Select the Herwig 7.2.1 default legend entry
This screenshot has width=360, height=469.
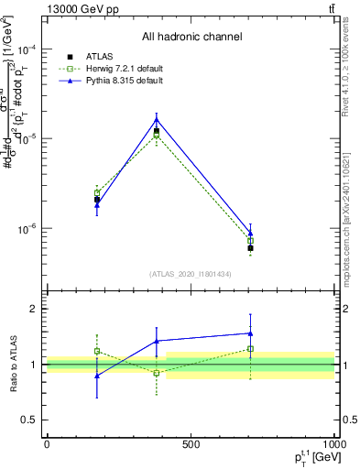[115, 69]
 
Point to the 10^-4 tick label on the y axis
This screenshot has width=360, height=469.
[29, 49]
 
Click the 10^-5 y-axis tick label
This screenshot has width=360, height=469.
[29, 138]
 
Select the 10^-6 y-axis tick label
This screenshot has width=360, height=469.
[29, 228]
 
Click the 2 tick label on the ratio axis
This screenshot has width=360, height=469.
[37, 310]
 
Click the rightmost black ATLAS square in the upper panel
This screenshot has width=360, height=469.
[250, 248]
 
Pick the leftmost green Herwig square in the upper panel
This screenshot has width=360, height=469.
[97, 192]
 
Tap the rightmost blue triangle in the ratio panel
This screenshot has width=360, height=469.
[250, 333]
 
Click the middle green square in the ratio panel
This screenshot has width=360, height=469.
[157, 373]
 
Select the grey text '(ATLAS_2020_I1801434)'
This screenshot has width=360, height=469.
[191, 274]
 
